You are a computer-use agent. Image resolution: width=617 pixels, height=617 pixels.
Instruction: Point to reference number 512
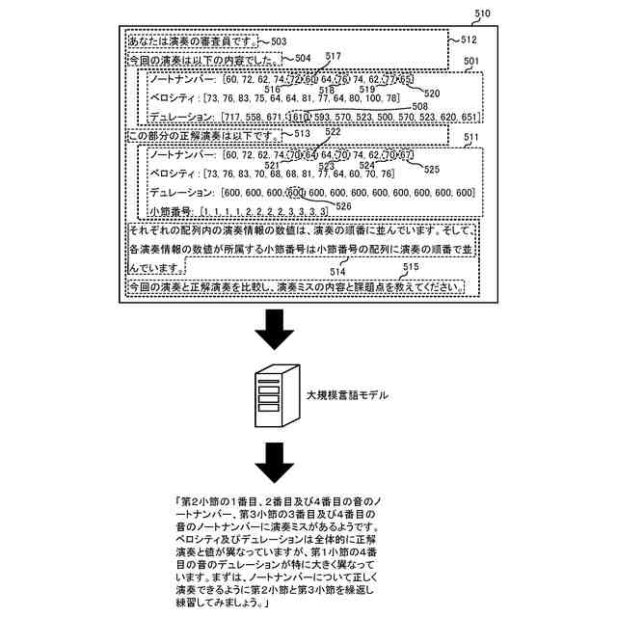point(469,40)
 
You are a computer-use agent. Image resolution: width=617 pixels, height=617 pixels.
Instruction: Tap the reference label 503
point(278,41)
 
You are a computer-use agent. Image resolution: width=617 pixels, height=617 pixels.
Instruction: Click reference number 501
point(472,62)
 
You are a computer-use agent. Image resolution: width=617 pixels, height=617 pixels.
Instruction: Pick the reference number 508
point(419,106)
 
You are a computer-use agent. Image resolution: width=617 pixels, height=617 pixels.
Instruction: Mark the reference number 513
point(302,134)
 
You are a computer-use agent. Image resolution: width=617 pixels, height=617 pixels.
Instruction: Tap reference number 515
point(411,266)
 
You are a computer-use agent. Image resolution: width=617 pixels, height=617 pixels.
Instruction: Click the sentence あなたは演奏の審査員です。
point(191,41)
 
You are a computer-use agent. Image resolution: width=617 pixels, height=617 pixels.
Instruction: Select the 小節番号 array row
point(238,209)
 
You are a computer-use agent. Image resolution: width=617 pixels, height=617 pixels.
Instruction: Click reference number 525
point(431,169)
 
